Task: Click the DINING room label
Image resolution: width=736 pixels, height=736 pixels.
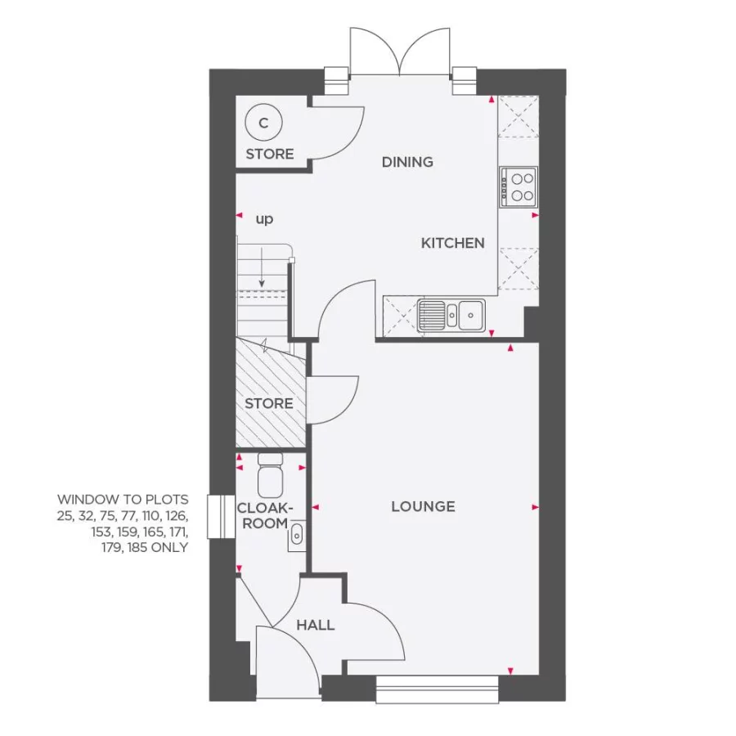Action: point(407,162)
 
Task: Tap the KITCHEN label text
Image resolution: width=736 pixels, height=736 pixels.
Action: point(452,243)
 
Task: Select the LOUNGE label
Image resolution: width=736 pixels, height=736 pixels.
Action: point(423,507)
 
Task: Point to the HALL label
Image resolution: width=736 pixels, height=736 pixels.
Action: point(315,625)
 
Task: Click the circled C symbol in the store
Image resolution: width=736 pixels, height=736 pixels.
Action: point(263,123)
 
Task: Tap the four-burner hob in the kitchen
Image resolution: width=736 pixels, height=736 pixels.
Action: point(518,186)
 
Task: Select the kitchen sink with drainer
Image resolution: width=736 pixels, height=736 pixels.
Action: point(451,314)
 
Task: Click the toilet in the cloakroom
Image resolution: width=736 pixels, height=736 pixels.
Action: point(270,476)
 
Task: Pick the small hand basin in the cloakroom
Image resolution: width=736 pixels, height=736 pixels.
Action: point(296,535)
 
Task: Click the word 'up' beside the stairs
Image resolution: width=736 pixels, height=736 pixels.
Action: point(264,219)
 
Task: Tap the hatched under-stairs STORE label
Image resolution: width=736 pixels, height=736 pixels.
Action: point(269,403)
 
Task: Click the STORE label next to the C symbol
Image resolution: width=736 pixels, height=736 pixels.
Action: point(270,154)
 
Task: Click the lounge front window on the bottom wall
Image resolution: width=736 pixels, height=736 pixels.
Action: point(438,689)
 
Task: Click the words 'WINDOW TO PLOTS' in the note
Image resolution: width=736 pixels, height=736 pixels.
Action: point(123,499)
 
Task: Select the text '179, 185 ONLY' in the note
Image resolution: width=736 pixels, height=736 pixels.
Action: point(144,548)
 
